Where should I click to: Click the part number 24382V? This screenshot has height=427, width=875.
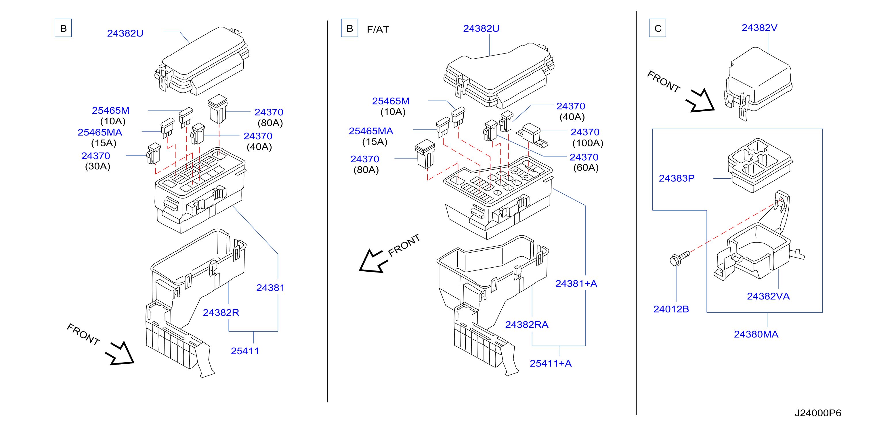759,28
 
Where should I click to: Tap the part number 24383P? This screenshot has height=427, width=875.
677,178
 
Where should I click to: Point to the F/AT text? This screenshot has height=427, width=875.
378,29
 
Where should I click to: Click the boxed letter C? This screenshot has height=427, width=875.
658,28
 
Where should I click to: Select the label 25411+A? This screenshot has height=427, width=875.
551,363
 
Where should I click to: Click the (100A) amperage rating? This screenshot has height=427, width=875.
588,143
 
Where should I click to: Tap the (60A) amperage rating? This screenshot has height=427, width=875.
586,167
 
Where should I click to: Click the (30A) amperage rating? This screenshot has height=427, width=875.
98,166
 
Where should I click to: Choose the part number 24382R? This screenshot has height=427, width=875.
221,312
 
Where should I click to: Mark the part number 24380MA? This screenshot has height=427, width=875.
756,334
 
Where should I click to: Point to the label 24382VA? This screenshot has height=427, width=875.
768,296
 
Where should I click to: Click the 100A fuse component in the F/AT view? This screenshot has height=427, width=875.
532,135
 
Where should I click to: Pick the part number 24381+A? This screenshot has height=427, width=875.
576,283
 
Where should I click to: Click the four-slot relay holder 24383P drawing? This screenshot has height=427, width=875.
759,165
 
